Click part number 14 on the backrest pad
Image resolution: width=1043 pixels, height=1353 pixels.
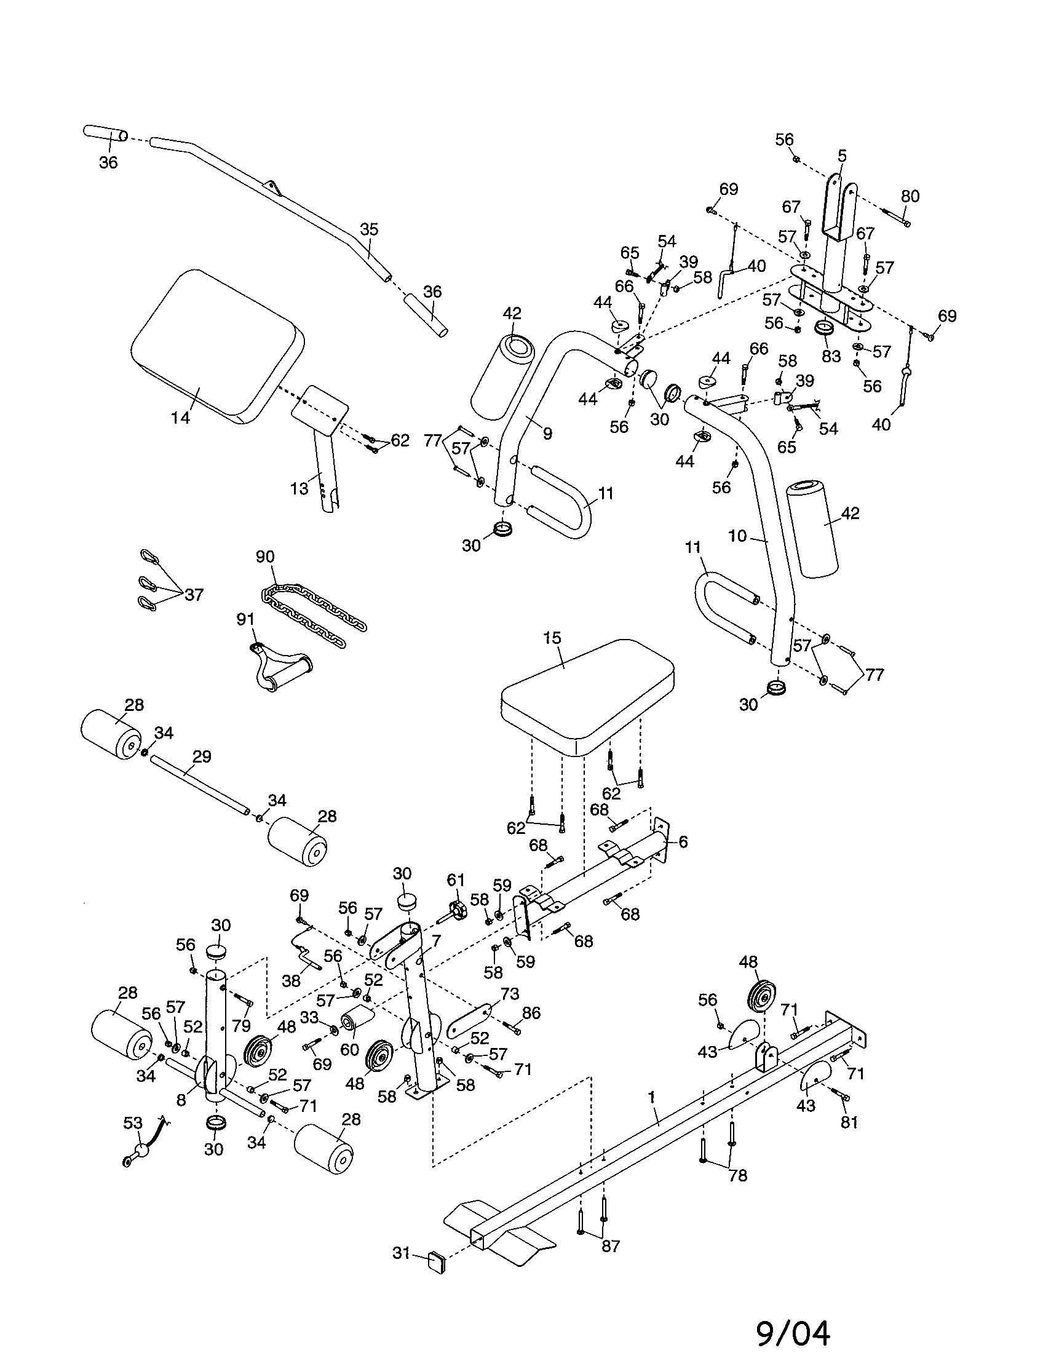point(180,418)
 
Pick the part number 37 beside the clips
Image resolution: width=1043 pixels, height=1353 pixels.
point(194,595)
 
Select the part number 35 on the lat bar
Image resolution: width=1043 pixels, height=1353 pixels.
point(369,229)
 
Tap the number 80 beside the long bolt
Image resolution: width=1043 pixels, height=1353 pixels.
point(910,196)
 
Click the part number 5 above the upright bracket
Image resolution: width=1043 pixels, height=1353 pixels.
point(842,156)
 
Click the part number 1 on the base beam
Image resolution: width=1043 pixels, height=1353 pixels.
point(651,1097)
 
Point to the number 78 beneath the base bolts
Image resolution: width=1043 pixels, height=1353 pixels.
point(737,1175)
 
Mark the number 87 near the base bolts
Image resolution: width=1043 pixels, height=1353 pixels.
point(611,1246)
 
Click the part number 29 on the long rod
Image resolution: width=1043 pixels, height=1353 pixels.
point(202,756)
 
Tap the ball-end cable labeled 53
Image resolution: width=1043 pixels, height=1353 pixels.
point(142,1151)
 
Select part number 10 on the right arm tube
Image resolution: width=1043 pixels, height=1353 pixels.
point(737,535)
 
